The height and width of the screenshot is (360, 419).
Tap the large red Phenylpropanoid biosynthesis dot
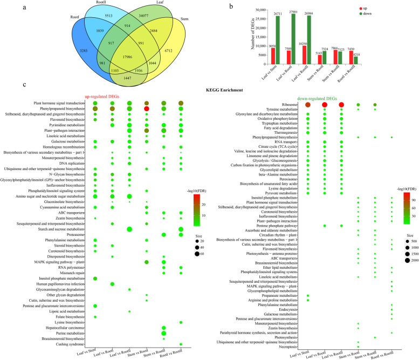(x=147, y=108)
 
